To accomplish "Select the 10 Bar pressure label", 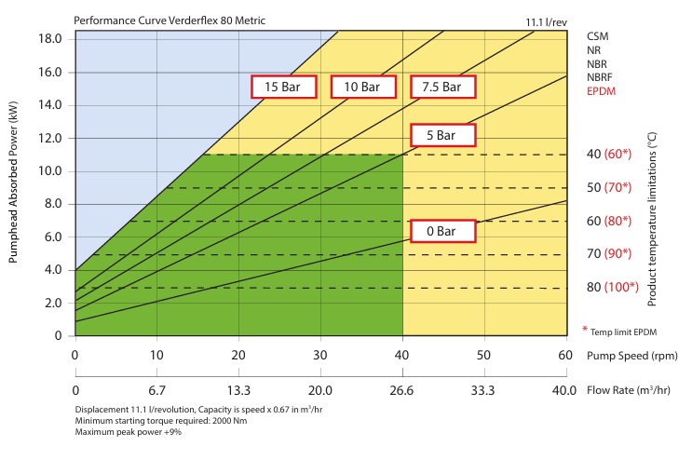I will (x=361, y=87).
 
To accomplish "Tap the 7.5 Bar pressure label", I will (x=441, y=87).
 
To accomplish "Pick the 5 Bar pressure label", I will (x=442, y=135).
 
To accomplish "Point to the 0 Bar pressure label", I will (x=442, y=231).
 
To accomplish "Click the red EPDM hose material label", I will (x=602, y=91).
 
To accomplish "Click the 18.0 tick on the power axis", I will (x=49, y=38).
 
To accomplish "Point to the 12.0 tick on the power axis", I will (x=49, y=138).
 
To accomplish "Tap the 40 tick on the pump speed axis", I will (x=402, y=355).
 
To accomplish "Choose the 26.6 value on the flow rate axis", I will (x=402, y=389).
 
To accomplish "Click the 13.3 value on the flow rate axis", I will (x=238, y=389).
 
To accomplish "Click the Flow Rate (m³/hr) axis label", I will (x=631, y=389).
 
